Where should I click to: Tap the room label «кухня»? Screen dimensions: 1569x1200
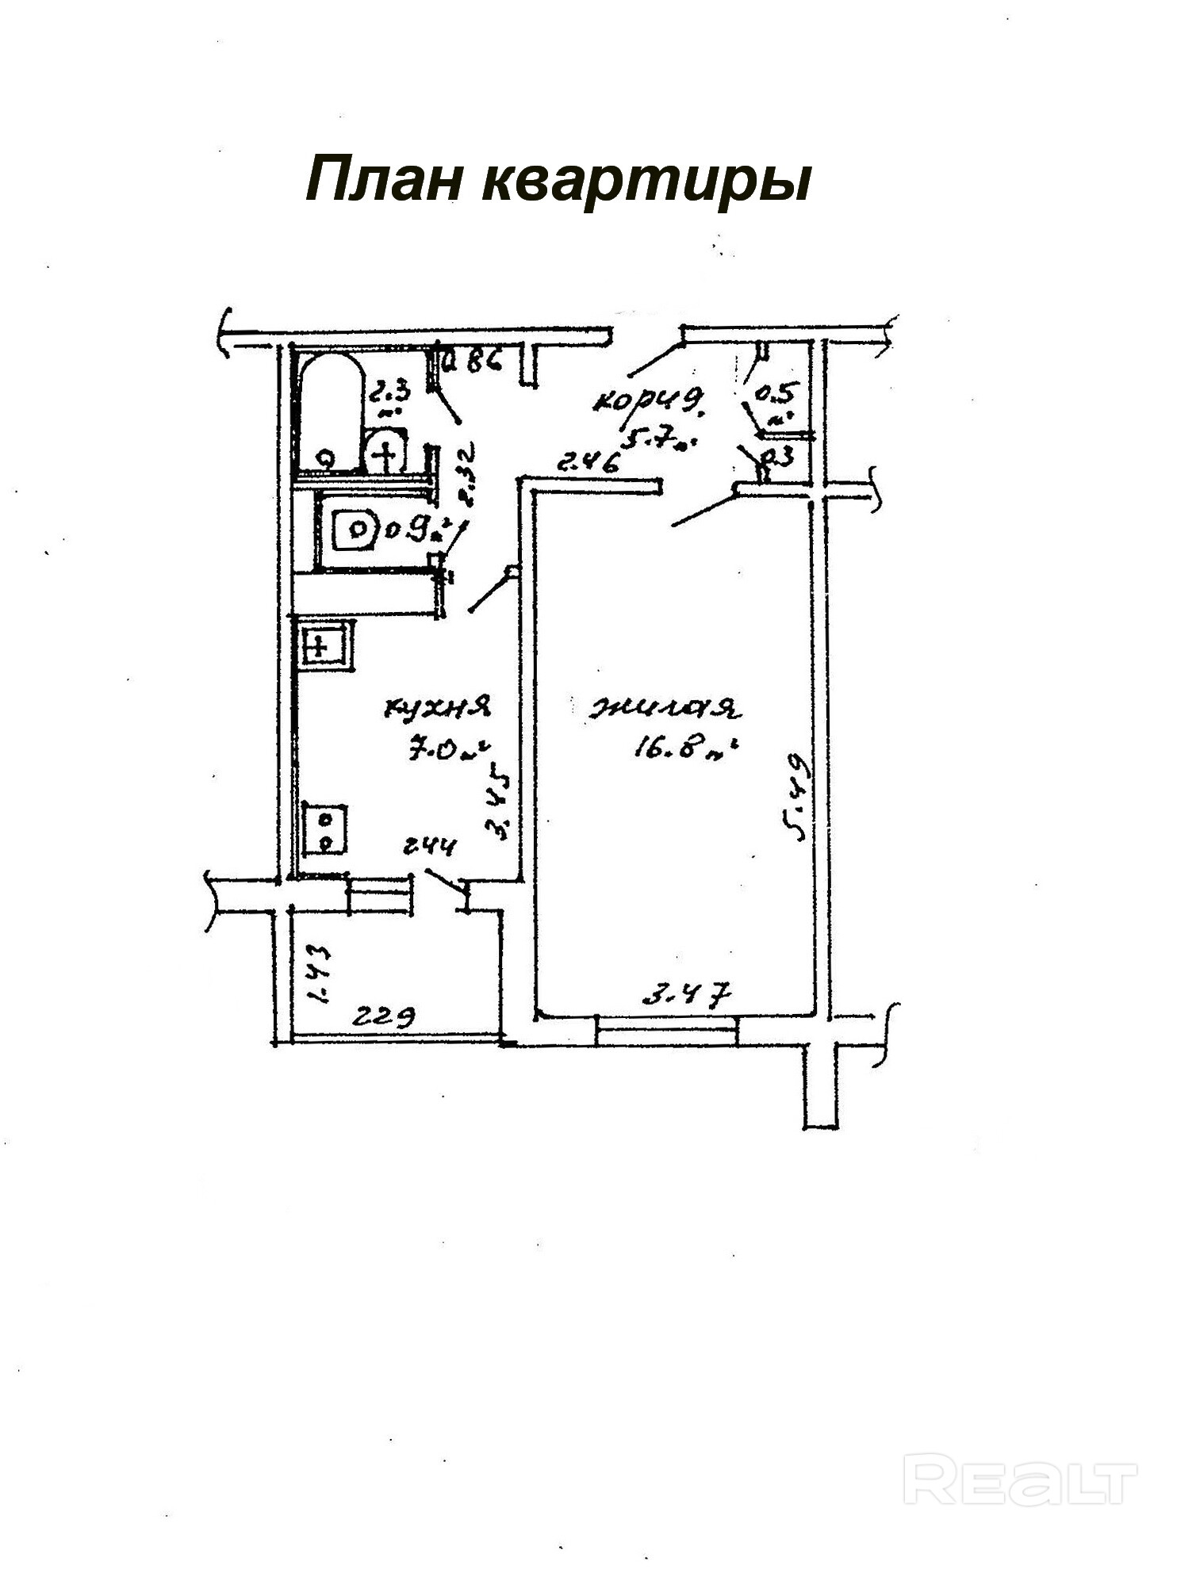[437, 706]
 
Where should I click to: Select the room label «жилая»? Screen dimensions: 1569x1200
[664, 708]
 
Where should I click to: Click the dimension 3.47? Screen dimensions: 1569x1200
[685, 993]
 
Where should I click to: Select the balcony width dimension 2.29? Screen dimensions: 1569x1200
[384, 1017]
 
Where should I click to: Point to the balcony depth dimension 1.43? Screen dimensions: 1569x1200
[318, 975]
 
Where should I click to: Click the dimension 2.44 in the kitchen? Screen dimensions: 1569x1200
[429, 847]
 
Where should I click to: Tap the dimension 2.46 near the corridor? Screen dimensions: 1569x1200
[588, 461]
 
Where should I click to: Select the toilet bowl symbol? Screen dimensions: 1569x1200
[355, 530]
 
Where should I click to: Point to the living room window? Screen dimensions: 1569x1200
[666, 1029]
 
